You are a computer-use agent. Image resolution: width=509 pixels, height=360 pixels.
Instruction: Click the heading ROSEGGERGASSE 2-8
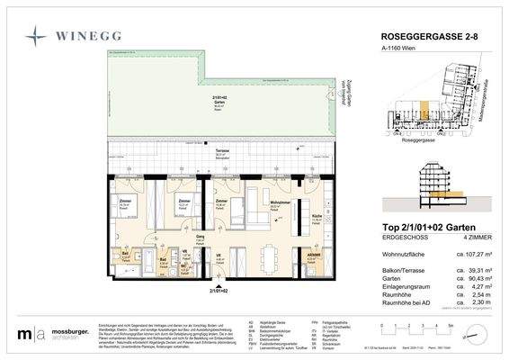(x=426, y=37)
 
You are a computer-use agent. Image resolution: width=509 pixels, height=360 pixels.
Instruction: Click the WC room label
(x=184, y=266)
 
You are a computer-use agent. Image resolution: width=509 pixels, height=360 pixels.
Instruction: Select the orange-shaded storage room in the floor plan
(x=314, y=262)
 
